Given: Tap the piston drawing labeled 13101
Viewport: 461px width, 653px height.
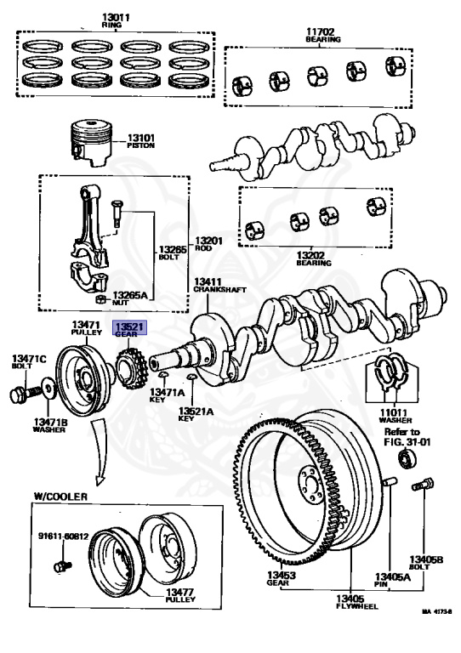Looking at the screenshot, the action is tap(92, 143).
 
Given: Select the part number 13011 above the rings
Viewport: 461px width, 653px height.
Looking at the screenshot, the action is tap(116, 18).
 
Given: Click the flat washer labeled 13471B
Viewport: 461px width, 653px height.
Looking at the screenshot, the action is tap(48, 389).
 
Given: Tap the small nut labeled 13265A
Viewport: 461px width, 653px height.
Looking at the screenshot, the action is tap(101, 299).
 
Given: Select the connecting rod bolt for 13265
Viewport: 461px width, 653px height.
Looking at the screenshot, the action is tap(117, 213).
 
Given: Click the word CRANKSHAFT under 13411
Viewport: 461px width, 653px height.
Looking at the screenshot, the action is tap(219, 290).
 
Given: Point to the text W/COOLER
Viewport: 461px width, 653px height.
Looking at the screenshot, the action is tap(60, 497).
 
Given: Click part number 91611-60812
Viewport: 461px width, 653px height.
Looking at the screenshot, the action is tap(63, 536).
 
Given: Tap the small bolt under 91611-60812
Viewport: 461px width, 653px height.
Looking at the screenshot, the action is tap(63, 566).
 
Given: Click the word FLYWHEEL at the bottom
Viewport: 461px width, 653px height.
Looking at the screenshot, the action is tap(357, 606).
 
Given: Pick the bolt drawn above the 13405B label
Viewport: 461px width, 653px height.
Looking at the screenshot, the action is tap(423, 485).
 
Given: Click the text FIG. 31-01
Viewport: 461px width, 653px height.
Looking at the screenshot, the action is tap(407, 442).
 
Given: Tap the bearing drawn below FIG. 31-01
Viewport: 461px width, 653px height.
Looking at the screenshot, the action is tap(408, 457).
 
